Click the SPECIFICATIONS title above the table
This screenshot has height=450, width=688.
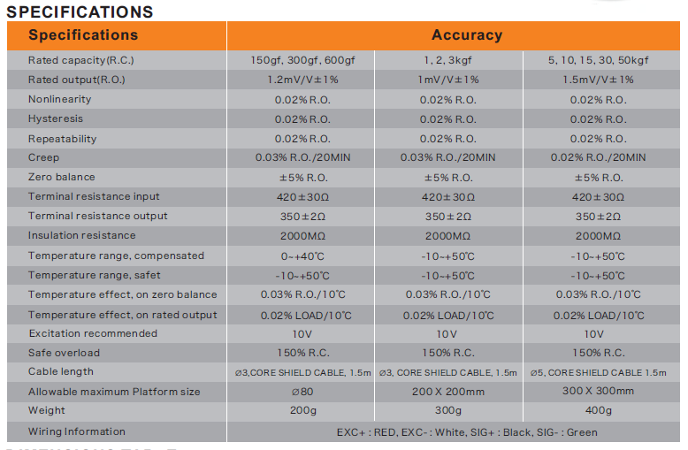(80, 12)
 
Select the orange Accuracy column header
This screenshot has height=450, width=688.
(466, 35)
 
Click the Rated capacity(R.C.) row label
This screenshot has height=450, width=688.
(80, 61)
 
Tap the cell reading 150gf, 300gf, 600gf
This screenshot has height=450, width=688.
(302, 61)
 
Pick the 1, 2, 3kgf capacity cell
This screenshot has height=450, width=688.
(447, 61)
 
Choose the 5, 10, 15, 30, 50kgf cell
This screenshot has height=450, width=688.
(598, 61)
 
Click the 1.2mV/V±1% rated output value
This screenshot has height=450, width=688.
(302, 80)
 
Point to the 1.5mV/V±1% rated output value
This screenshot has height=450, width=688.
(598, 80)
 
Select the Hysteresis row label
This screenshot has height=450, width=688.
(55, 119)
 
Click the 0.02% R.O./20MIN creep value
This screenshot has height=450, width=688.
(598, 157)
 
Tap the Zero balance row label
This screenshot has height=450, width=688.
(61, 178)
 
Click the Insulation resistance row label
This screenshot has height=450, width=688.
(81, 236)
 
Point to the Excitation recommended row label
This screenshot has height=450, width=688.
(92, 333)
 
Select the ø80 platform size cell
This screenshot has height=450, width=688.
(302, 392)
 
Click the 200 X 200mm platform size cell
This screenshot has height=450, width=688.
(447, 392)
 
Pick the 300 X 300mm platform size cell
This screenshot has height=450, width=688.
(598, 391)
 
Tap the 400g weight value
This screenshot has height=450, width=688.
(598, 410)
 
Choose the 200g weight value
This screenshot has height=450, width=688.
(302, 410)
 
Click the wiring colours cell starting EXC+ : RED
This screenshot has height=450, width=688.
(466, 432)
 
